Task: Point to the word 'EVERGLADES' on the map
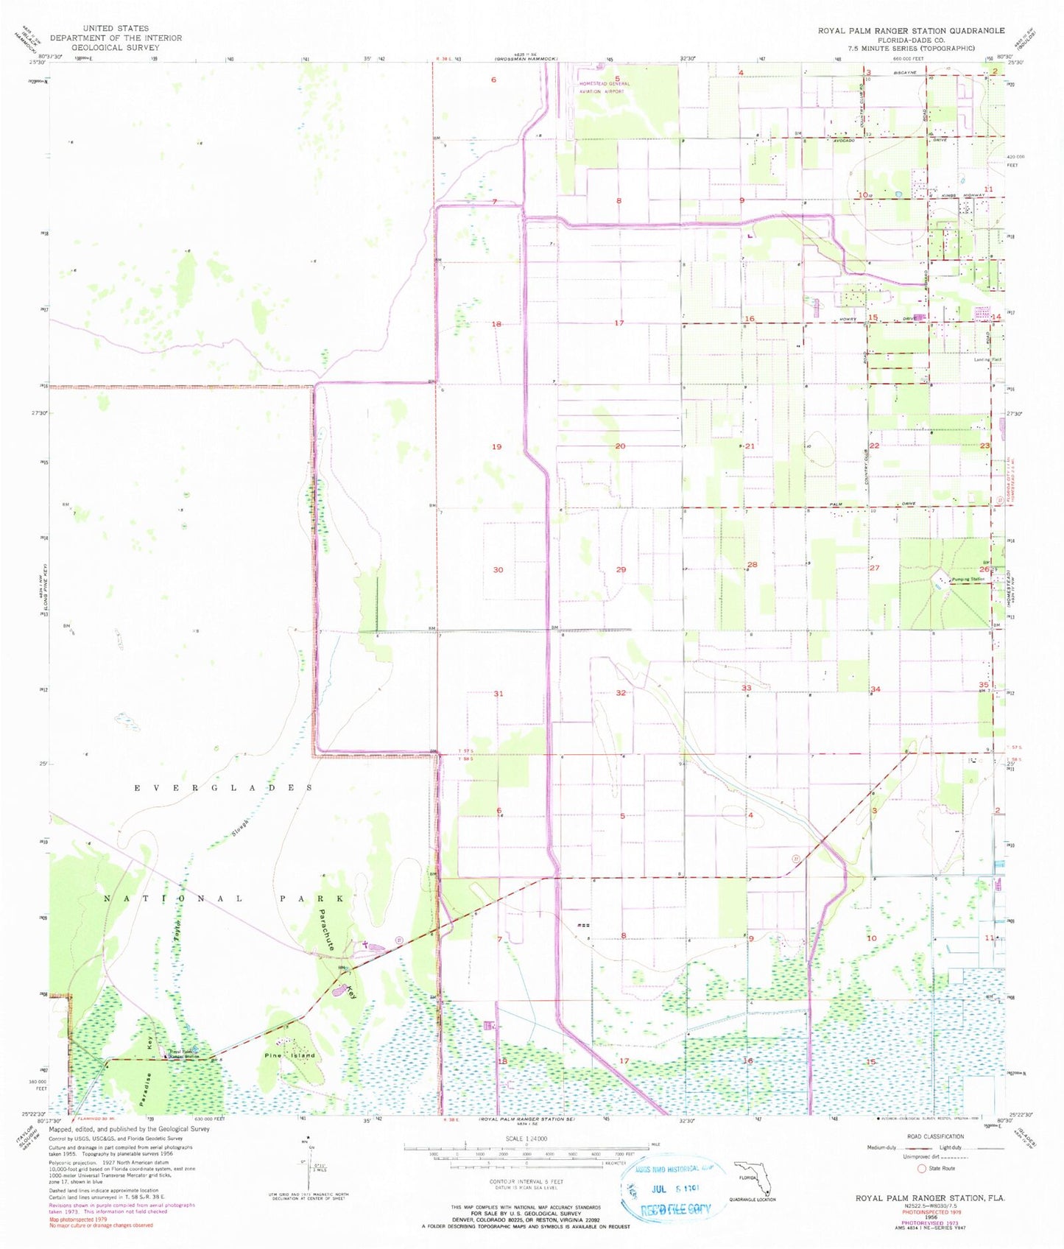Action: [x=223, y=788]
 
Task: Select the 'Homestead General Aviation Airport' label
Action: [x=605, y=88]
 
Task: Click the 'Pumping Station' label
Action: [x=966, y=579]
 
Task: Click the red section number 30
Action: [x=498, y=570]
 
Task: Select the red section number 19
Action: [x=497, y=447]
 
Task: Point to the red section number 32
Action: [x=621, y=693]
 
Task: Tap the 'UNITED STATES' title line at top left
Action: [x=116, y=29]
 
